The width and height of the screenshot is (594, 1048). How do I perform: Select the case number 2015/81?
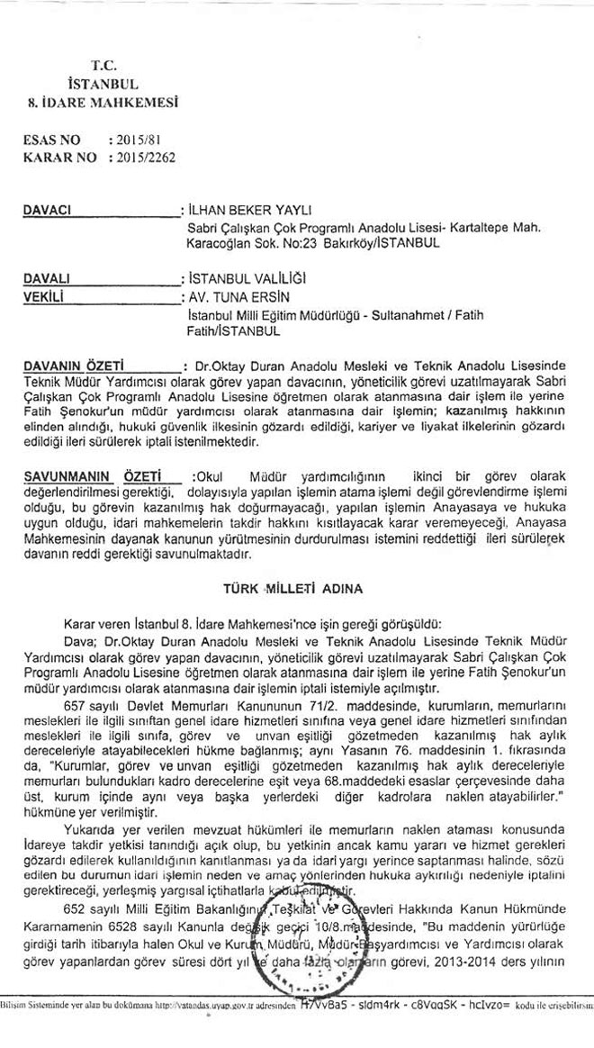pyautogui.click(x=136, y=140)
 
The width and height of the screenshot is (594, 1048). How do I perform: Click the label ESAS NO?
pyautogui.click(x=50, y=140)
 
